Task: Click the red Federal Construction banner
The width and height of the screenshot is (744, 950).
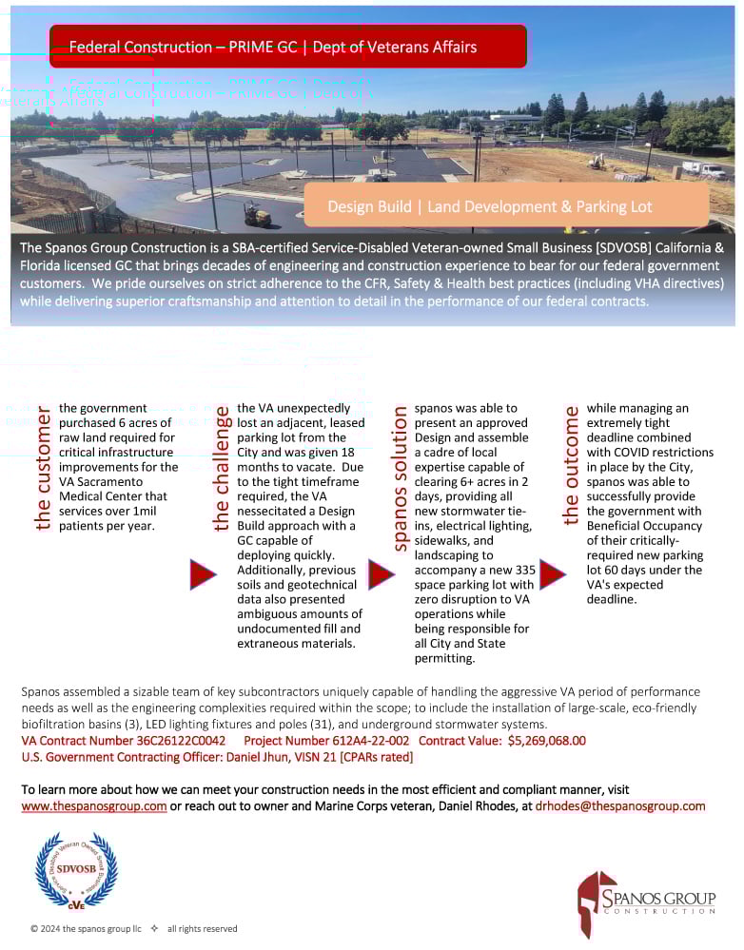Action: tap(287, 47)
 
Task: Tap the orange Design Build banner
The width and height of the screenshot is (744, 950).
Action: tap(505, 206)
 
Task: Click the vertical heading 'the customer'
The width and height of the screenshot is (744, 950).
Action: tap(43, 471)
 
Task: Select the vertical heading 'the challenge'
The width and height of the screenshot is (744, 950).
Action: tap(222, 469)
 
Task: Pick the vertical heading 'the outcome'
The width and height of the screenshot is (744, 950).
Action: tap(571, 466)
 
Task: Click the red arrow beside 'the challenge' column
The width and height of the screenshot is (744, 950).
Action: tap(203, 574)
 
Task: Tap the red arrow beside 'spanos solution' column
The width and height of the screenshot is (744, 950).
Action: tap(381, 574)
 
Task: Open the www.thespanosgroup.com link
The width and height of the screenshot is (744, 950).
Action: tap(94, 806)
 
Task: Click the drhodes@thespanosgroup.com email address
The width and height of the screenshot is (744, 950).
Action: tap(620, 806)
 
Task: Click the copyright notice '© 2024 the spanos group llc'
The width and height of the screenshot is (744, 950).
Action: tap(86, 928)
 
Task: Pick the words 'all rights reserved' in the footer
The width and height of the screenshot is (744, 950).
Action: tap(202, 928)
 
